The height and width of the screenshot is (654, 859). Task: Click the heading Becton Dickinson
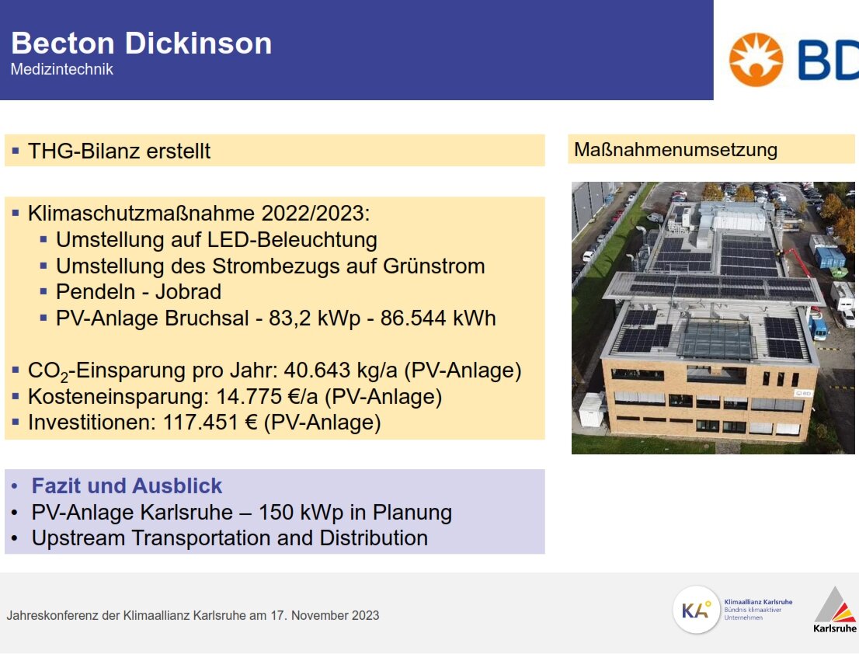pos(141,43)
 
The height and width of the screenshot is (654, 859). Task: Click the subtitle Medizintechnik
pos(62,70)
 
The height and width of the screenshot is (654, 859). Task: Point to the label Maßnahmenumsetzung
pos(676,150)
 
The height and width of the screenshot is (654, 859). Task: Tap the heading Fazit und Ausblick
pos(127,486)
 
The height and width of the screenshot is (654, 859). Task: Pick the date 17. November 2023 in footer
pos(325,616)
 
